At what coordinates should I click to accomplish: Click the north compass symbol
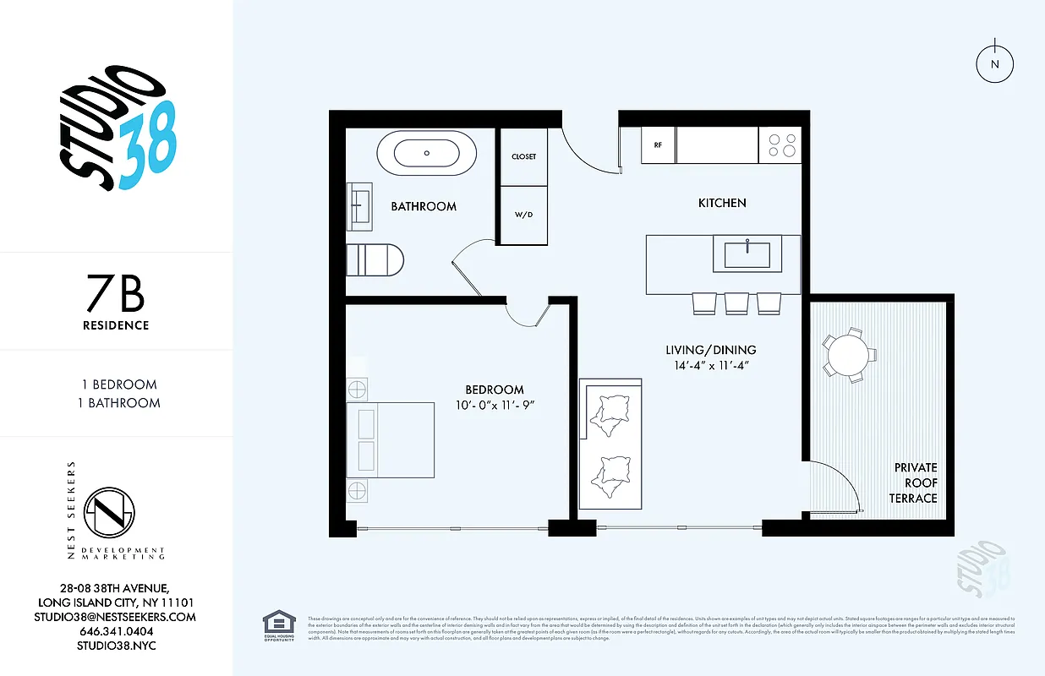(x=995, y=63)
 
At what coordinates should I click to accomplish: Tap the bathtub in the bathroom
(x=426, y=154)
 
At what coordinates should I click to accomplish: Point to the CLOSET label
(x=523, y=156)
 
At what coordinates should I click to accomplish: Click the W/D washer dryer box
(x=523, y=215)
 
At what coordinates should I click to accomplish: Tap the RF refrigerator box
(x=658, y=145)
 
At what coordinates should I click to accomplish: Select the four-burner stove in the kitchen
(x=780, y=145)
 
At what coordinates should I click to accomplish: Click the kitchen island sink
(x=747, y=253)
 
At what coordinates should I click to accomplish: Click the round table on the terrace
(x=845, y=355)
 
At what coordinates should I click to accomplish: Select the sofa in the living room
(x=610, y=444)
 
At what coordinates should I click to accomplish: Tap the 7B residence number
(x=115, y=295)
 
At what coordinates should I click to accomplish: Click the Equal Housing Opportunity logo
(x=279, y=624)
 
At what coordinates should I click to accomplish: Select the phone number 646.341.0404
(x=117, y=631)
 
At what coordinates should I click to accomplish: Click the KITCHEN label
(x=721, y=203)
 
